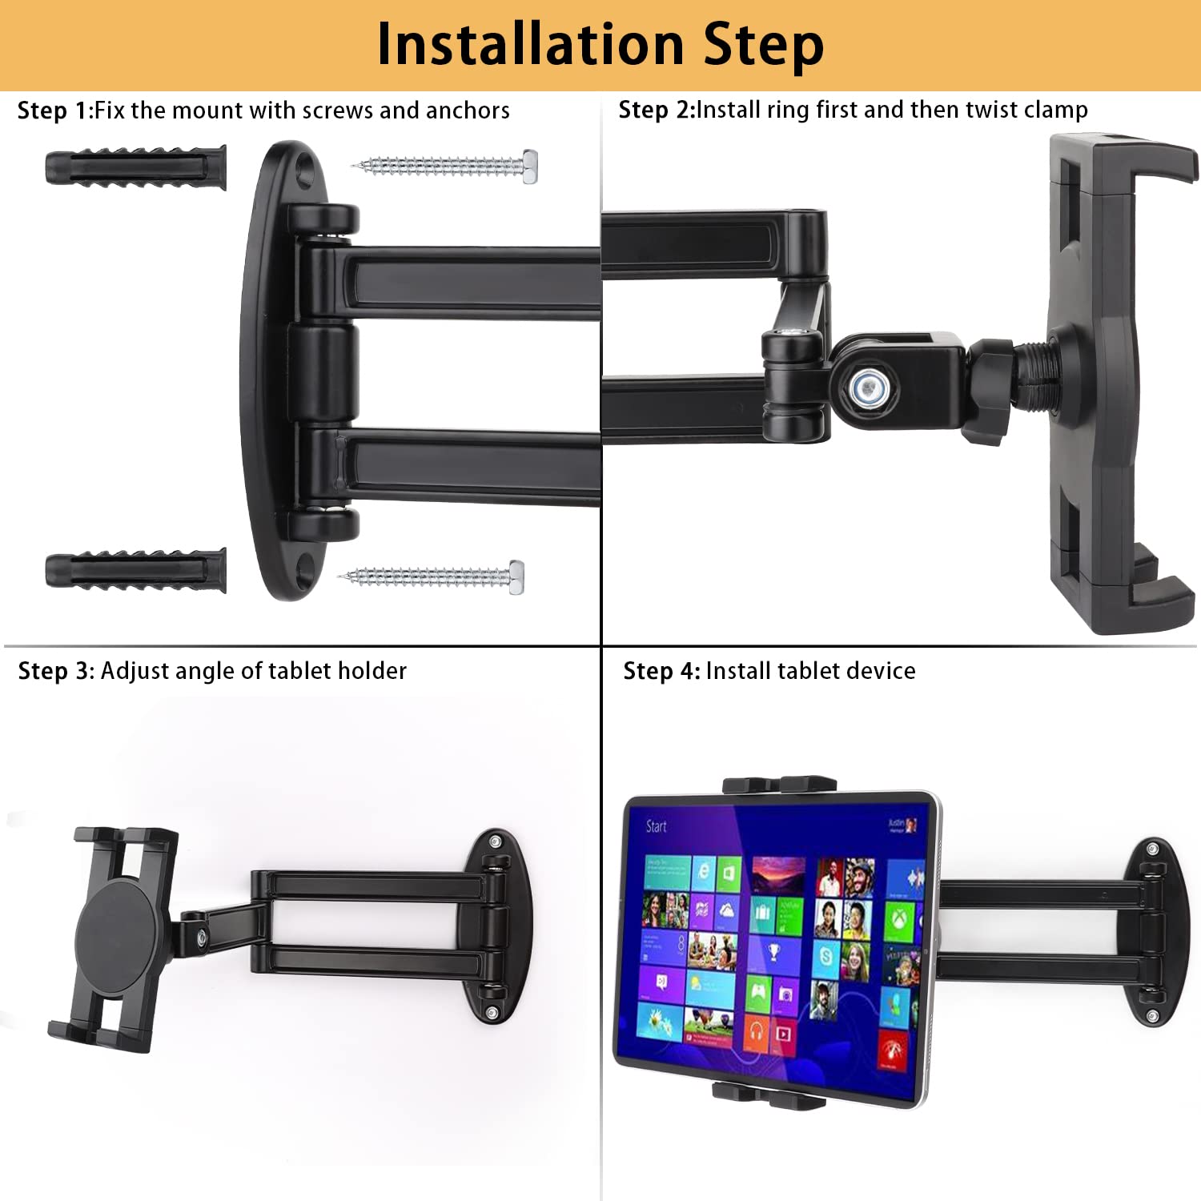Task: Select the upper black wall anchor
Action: [x=135, y=167]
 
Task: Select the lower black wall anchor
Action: [x=135, y=570]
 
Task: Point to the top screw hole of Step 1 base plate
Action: [x=304, y=169]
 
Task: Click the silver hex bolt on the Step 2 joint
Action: [x=866, y=388]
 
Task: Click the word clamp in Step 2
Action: [x=1054, y=110]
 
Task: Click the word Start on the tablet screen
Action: [x=656, y=825]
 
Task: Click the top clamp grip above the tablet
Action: [x=779, y=785]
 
